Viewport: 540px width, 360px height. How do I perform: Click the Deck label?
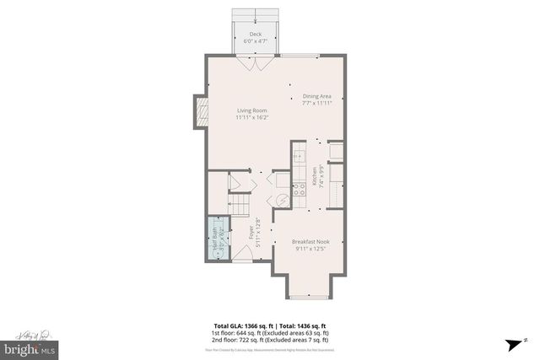pyautogui.click(x=255, y=35)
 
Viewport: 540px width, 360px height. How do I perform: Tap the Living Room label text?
pyautogui.click(x=252, y=111)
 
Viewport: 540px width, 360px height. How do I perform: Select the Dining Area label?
pyautogui.click(x=317, y=96)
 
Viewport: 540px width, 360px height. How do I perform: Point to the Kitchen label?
pyautogui.click(x=314, y=177)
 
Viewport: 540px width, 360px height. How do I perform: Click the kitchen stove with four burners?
pyautogui.click(x=299, y=190)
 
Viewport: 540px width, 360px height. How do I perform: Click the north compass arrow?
pyautogui.click(x=513, y=343)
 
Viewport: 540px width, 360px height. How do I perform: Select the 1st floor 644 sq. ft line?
pyautogui.click(x=269, y=332)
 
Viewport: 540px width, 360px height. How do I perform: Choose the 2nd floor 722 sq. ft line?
pyautogui.click(x=269, y=339)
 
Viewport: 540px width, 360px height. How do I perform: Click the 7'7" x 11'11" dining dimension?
pyautogui.click(x=317, y=104)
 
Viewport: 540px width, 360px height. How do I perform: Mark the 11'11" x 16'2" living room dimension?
pyautogui.click(x=252, y=118)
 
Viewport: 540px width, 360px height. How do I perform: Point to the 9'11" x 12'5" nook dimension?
pyautogui.click(x=310, y=249)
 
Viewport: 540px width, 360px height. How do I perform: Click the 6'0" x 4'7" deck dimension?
pyautogui.click(x=255, y=41)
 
